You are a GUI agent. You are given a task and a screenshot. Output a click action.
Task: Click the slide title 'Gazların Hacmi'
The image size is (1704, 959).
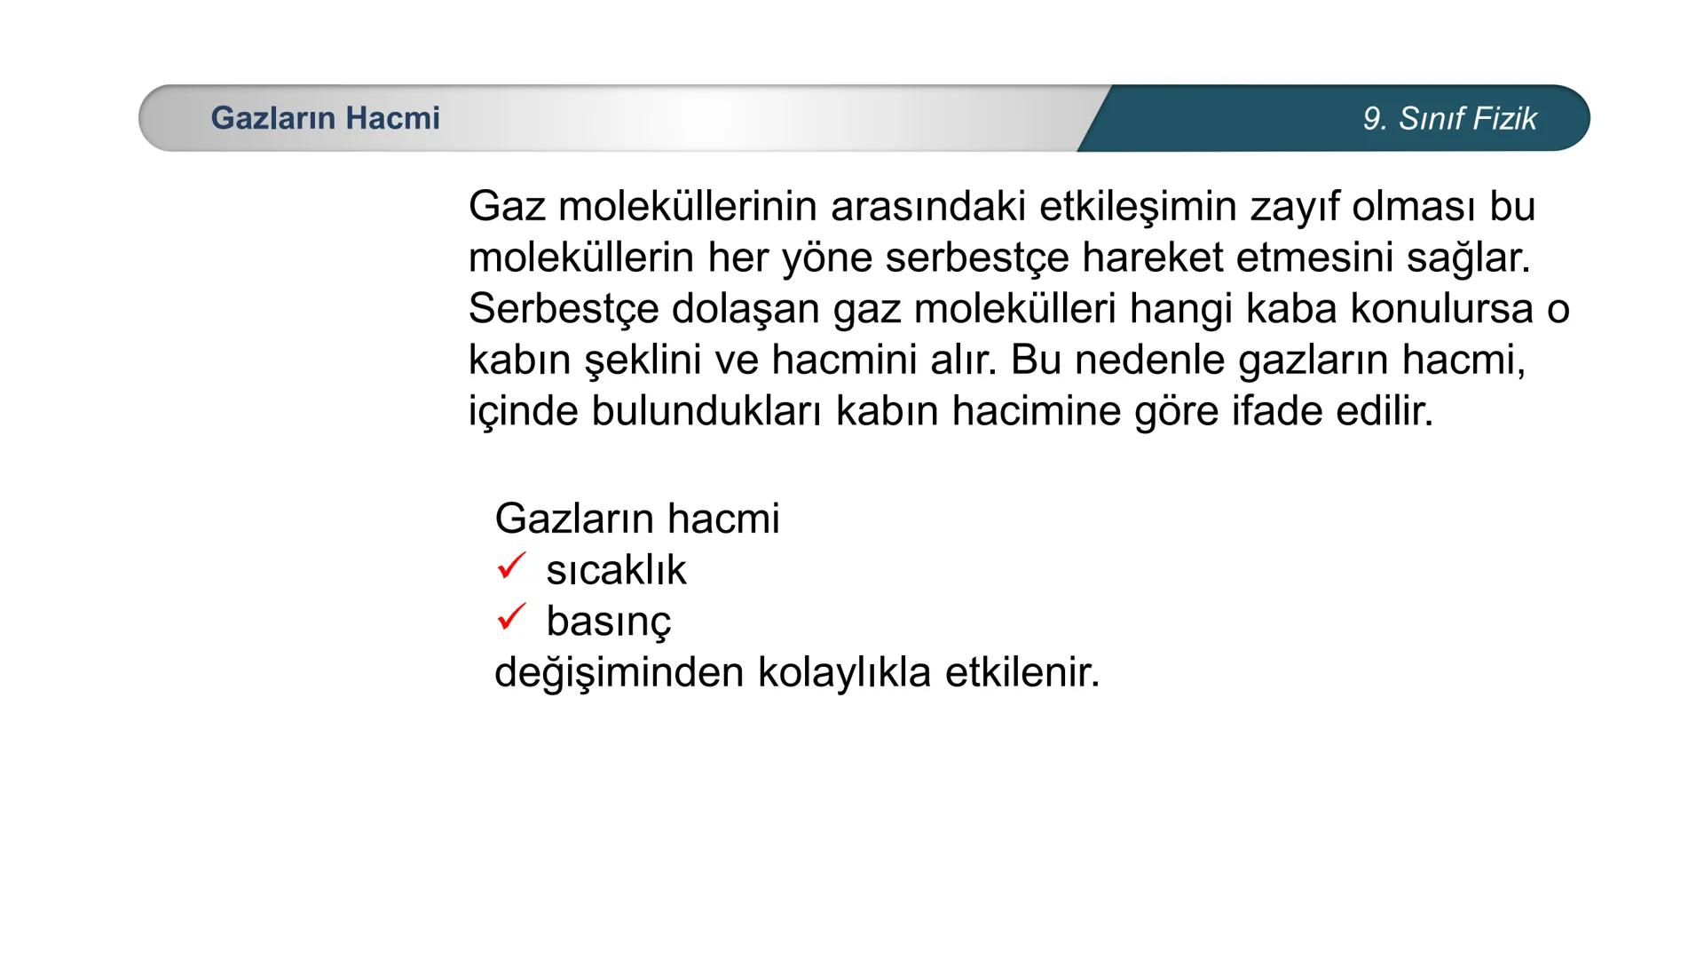pos(325,118)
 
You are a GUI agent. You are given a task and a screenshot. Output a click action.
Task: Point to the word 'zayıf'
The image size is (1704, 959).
pos(1295,207)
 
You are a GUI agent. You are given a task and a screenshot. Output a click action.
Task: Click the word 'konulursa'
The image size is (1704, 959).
pos(1441,309)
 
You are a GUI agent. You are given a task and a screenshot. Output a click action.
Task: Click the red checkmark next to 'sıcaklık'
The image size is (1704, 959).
pos(512,566)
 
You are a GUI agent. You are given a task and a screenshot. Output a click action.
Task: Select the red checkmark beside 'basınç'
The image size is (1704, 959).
pos(512,616)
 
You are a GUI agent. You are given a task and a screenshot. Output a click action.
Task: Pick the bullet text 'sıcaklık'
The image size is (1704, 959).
pos(616,570)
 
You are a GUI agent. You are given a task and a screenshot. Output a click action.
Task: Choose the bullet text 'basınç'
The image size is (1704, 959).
pos(609,622)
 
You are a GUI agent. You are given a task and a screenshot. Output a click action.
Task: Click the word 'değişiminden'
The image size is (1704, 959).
pos(619,673)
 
